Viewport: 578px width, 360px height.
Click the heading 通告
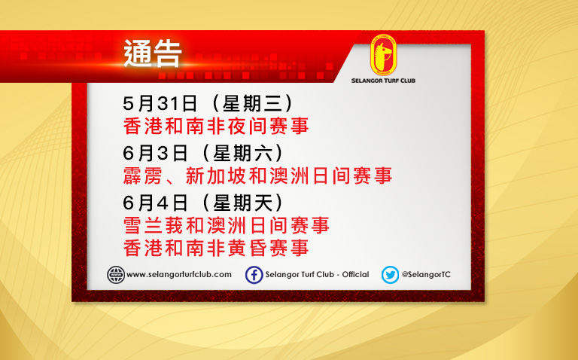[x=153, y=54]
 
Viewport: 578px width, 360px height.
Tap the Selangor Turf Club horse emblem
[x=383, y=55]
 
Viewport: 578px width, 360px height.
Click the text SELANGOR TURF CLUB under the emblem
[x=383, y=81]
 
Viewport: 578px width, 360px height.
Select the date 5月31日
[x=160, y=104]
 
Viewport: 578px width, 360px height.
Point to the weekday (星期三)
[x=253, y=104]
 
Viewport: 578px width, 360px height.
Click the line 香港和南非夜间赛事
[x=216, y=126]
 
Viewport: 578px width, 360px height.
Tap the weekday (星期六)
[x=243, y=153]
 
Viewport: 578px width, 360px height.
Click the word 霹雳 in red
[x=143, y=175]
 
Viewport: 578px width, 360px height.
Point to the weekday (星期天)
[x=243, y=203]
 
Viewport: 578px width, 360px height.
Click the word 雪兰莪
[x=154, y=225]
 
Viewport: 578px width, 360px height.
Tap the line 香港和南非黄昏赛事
[x=216, y=248]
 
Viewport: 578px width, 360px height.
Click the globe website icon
[x=116, y=275]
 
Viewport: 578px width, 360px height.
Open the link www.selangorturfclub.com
[x=179, y=274]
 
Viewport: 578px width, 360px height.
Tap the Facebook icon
[x=254, y=275]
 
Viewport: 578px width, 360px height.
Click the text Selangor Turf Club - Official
[x=317, y=274]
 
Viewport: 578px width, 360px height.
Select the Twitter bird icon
[x=390, y=275]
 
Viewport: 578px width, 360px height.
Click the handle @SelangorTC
[x=426, y=274]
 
